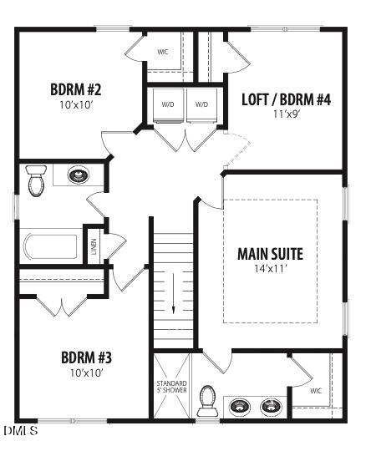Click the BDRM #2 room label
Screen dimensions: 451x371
[x=76, y=89]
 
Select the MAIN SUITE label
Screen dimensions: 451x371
[x=270, y=254]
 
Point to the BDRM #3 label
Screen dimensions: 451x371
[x=87, y=357]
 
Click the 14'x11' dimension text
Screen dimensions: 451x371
[x=270, y=269]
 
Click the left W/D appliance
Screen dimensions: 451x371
[x=167, y=105]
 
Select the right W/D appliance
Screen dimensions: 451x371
[x=201, y=105]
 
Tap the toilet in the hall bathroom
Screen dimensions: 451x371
[x=36, y=180]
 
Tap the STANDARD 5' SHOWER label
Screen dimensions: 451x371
[x=172, y=389]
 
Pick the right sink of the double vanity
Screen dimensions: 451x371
[x=271, y=407]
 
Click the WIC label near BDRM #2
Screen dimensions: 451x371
[x=163, y=52]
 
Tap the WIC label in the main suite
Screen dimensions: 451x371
[x=315, y=390]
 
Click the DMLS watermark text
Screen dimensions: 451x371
[x=20, y=431]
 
